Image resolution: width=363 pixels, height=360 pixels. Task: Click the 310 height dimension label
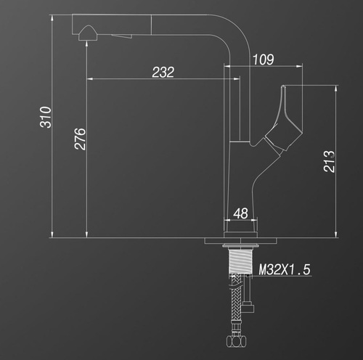pyautogui.click(x=46, y=117)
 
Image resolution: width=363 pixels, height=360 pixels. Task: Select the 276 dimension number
pyautogui.click(x=80, y=139)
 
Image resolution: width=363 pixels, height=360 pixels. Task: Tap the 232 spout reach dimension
pyautogui.click(x=163, y=72)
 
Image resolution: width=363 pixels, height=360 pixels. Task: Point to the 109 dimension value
pyautogui.click(x=264, y=60)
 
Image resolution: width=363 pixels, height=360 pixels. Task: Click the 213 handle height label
pyautogui.click(x=329, y=161)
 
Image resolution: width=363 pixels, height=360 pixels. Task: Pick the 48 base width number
pyautogui.click(x=240, y=213)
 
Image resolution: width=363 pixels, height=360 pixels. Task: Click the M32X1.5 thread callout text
pyautogui.click(x=285, y=269)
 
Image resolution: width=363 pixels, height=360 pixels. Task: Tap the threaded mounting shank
pyautogui.click(x=240, y=261)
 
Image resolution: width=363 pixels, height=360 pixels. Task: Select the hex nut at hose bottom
pyautogui.click(x=236, y=341)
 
